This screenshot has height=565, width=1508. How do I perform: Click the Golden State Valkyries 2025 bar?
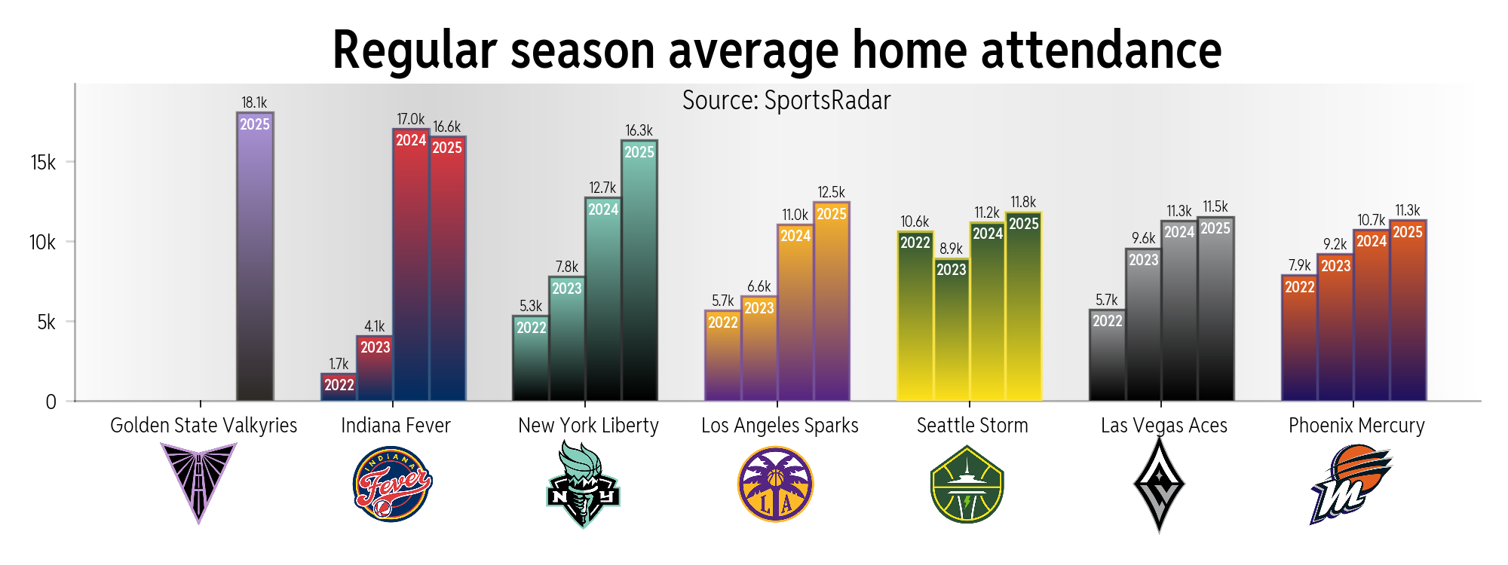pos(255,256)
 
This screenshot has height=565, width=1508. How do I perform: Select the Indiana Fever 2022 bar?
pos(339,386)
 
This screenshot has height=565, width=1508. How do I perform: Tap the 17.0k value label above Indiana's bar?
pos(411,120)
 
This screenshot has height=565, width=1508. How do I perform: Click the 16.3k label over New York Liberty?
pos(639,131)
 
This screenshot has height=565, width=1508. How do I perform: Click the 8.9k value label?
pos(952,249)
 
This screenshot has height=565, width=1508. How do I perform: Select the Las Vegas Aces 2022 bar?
pos(1108,355)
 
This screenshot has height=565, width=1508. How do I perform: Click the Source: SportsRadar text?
pos(786,101)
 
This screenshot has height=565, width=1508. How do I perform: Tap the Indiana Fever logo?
pos(392,484)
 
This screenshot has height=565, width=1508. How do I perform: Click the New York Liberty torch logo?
pos(582,484)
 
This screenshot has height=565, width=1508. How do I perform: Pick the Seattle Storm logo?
pos(967,484)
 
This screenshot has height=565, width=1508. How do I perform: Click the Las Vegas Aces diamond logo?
pos(1160,484)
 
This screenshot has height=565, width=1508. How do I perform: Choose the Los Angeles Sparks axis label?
pos(780,426)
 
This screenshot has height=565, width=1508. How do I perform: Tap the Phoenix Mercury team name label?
pos(1356,426)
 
